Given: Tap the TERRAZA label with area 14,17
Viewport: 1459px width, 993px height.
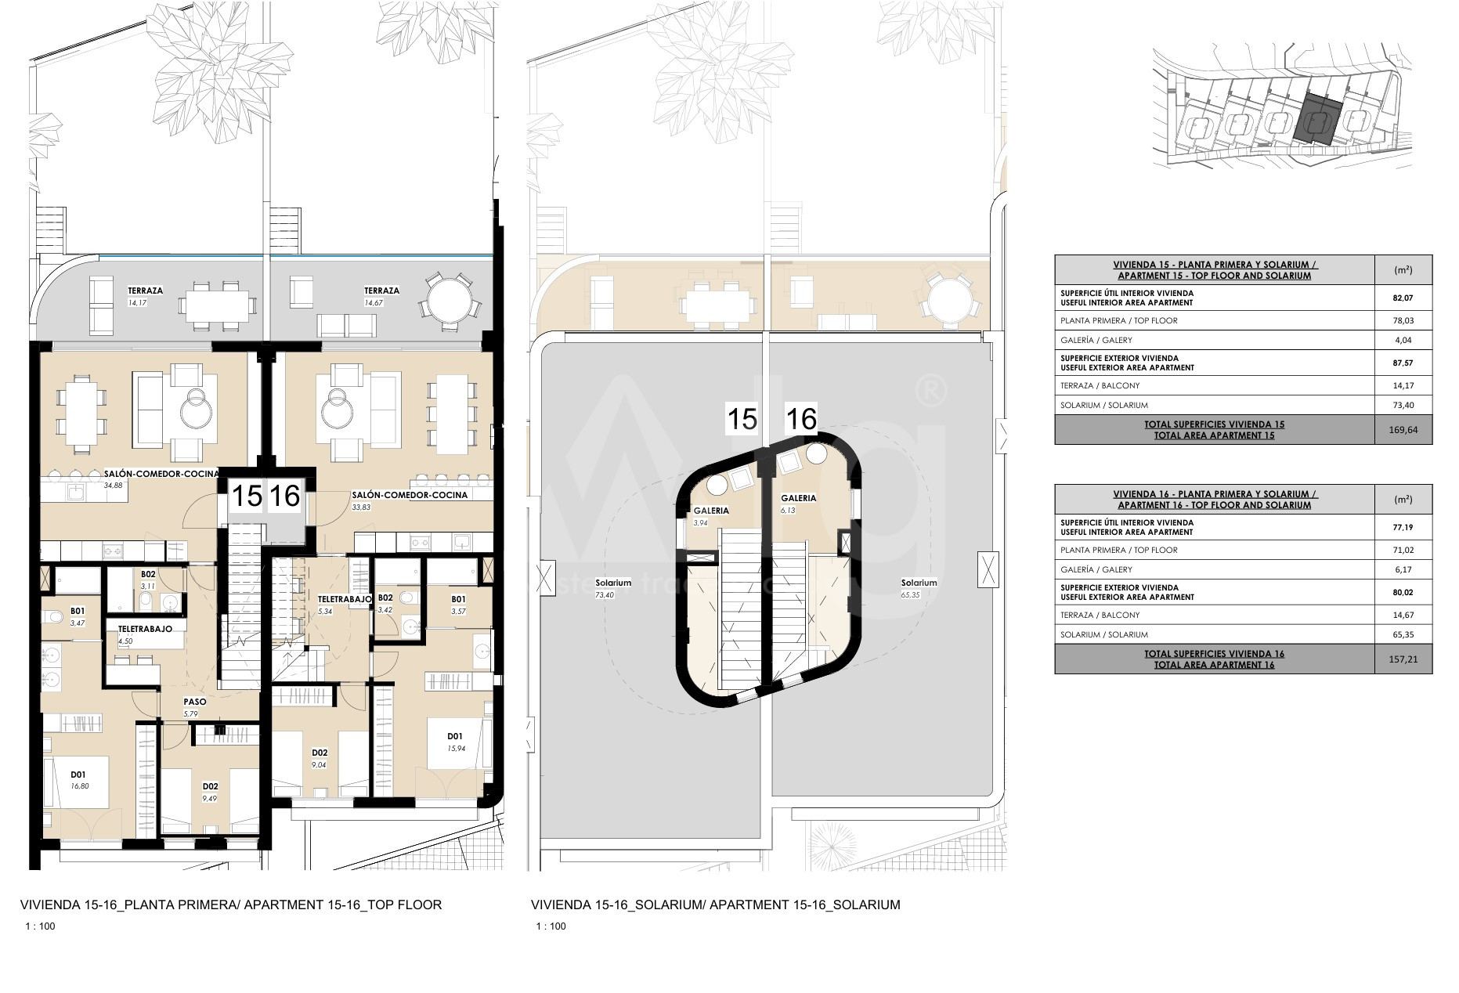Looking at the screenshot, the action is click(146, 291).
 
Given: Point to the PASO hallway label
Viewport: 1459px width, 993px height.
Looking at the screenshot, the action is click(195, 702).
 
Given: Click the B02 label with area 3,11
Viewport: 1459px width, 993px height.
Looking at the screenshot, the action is click(148, 574).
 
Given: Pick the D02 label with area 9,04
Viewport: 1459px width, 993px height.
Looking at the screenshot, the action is click(320, 753).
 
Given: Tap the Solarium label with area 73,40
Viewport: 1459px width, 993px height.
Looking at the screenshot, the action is click(613, 583).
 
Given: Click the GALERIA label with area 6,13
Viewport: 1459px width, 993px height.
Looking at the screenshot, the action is click(798, 498).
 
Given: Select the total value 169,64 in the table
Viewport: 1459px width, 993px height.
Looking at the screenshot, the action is click(1403, 430).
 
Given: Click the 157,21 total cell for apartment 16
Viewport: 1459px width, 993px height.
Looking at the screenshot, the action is click(1403, 659).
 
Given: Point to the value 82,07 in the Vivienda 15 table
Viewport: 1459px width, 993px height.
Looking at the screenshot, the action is click(1403, 298).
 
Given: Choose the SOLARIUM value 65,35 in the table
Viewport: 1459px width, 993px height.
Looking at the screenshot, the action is click(1403, 634).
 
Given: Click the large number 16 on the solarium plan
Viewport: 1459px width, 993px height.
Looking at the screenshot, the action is click(801, 419).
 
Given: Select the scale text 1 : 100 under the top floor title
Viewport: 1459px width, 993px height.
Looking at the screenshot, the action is click(41, 926).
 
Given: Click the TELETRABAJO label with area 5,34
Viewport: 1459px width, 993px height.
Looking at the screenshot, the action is click(344, 599).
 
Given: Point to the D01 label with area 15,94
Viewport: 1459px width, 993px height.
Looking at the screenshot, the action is click(455, 736).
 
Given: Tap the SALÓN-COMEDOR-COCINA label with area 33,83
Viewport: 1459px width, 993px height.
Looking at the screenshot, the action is click(410, 495).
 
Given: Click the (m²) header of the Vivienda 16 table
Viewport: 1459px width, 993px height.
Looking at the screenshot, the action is click(1403, 499).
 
